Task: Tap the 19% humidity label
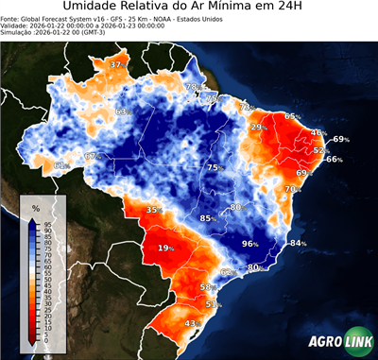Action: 166,248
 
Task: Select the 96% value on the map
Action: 250,244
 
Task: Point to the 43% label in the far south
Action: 191,323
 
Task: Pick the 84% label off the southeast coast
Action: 299,244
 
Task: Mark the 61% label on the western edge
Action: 61,166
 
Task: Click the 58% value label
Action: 209,286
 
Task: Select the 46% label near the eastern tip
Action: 318,133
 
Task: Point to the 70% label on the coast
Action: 292,189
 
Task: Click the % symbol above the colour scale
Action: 35,207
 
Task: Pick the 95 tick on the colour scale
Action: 46,225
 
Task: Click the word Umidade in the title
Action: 97,9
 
